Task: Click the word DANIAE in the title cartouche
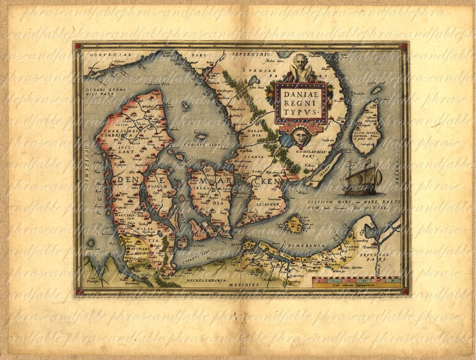[x=302, y=94]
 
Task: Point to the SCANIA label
[x=255, y=156]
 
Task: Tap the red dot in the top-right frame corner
[x=404, y=46]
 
